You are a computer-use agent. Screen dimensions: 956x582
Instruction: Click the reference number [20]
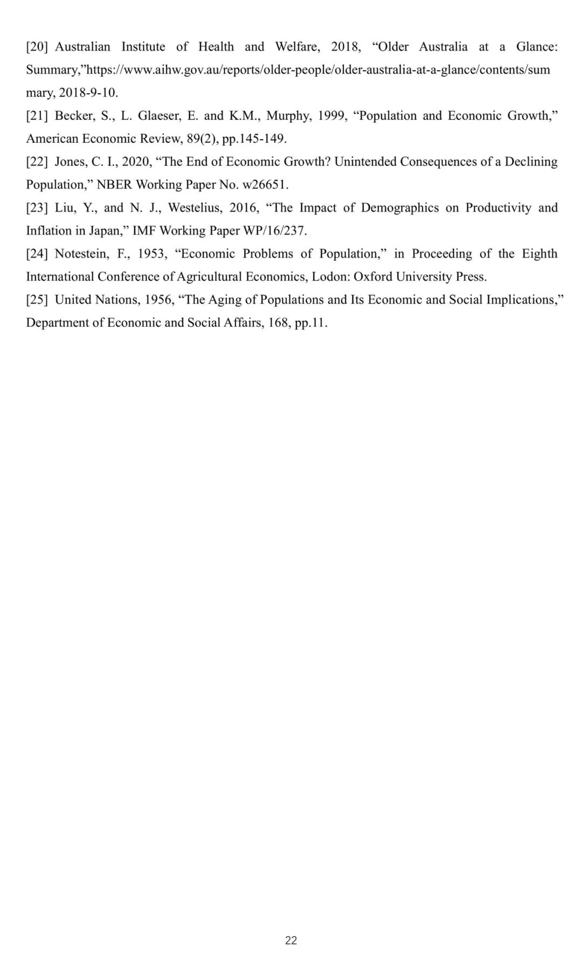[37, 47]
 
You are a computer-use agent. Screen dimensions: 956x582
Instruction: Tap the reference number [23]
[37, 208]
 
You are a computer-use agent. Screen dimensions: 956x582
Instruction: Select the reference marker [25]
[37, 300]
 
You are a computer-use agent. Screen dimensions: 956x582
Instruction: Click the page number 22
[291, 940]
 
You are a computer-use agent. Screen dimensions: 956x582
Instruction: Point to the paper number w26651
[265, 185]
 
